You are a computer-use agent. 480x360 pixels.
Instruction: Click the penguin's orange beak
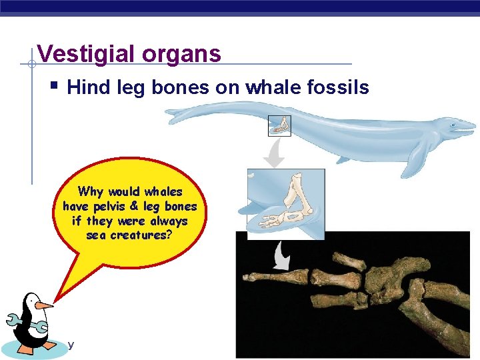(44, 305)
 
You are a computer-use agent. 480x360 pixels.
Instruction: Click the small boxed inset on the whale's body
(279, 125)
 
